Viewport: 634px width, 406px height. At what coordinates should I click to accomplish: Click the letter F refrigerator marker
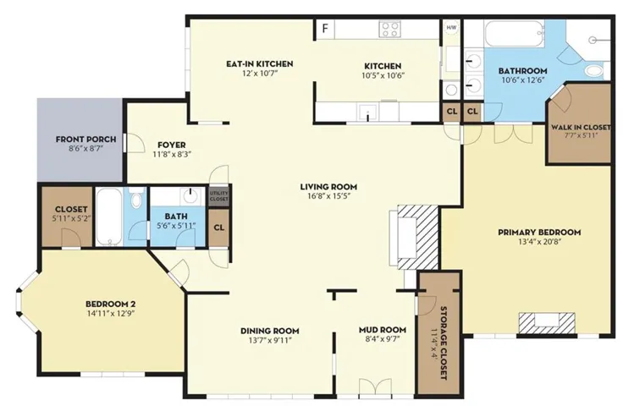[325, 29]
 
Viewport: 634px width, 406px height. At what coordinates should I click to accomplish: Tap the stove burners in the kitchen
[389, 30]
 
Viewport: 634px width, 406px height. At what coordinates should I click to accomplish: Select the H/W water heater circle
[451, 28]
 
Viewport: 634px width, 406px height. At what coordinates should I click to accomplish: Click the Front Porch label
[85, 140]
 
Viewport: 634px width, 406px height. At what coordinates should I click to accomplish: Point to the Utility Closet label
[218, 196]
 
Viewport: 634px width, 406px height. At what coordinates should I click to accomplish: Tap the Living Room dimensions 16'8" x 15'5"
[328, 196]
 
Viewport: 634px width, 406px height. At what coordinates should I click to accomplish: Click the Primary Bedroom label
[539, 233]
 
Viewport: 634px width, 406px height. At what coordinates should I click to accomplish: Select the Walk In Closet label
[581, 127]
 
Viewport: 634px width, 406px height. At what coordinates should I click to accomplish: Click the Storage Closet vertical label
[443, 343]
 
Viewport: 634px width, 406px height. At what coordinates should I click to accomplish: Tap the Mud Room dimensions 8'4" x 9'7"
[382, 339]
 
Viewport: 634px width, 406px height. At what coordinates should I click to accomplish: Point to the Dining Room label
[270, 331]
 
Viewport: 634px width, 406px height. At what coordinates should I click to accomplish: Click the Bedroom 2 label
[110, 304]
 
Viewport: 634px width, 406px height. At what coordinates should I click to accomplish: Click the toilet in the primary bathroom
[594, 71]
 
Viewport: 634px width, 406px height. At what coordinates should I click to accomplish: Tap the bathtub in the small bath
[108, 217]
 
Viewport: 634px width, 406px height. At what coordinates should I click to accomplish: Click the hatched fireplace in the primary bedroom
[547, 322]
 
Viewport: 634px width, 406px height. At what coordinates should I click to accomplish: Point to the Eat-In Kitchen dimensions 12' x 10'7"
[259, 73]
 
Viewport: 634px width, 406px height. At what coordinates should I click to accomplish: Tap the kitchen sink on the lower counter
[367, 111]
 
